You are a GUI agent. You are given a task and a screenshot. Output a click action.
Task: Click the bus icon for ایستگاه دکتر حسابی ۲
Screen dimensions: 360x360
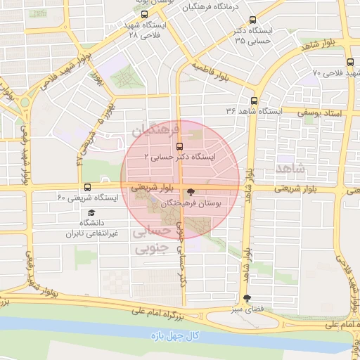pos(179,146)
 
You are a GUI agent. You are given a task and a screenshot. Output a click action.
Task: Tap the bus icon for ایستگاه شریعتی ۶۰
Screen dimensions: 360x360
pos(87,188)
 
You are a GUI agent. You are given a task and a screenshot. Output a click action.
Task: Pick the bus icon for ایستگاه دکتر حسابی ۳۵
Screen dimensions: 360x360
pos(253,20)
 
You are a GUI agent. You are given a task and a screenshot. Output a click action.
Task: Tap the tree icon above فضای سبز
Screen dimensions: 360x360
pos(245,299)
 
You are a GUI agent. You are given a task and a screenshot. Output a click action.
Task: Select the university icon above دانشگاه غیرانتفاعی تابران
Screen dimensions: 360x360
pos(92,212)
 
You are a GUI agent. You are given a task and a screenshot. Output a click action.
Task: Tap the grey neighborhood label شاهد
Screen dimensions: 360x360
pos(291,168)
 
